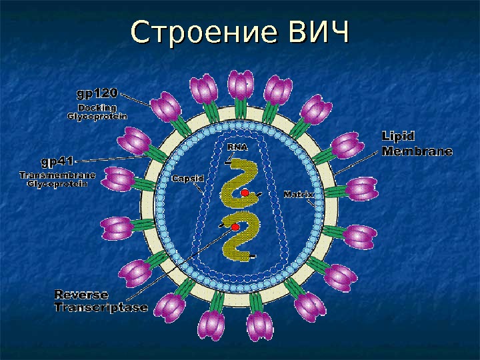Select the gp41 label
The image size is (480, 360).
point(58,161)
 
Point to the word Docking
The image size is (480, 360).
point(97,107)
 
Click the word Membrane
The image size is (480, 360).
point(417,151)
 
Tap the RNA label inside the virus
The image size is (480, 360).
point(237,147)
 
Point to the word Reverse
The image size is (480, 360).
point(81,294)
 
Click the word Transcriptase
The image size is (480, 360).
point(101,307)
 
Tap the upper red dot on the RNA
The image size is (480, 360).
point(245,193)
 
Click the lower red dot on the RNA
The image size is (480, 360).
point(235,227)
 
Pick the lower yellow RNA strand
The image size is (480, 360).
point(238,236)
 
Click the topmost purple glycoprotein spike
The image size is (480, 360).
point(241,87)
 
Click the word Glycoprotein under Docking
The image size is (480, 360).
point(97,116)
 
